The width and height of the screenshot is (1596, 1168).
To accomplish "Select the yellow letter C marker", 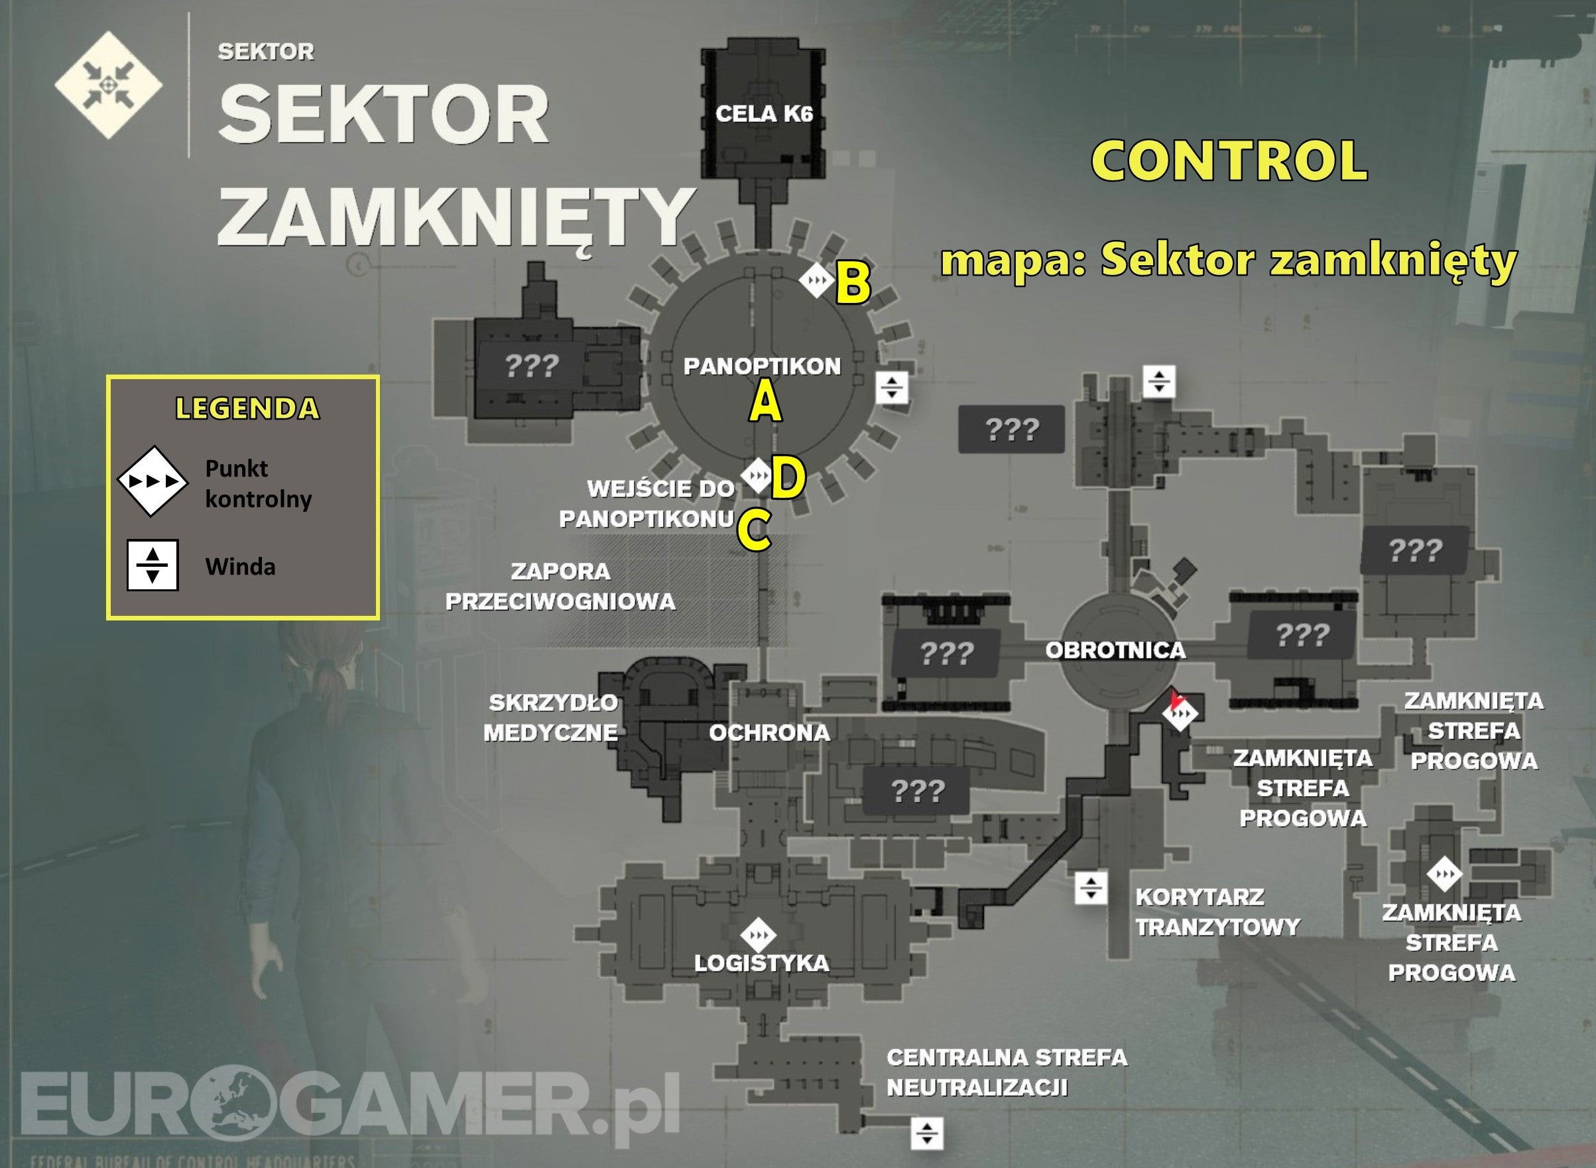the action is (754, 530).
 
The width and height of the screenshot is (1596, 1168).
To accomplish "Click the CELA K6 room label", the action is (764, 114).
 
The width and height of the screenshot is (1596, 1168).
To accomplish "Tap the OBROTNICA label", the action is (1115, 650).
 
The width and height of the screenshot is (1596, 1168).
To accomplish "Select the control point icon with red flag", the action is (1180, 713).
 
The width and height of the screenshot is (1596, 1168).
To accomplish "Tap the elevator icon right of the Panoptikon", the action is (892, 386).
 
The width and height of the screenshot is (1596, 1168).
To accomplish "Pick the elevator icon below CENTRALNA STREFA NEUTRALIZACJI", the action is (926, 1134).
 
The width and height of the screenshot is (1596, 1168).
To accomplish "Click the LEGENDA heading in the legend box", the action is (247, 408).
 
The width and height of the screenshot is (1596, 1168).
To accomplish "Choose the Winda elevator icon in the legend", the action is (152, 565).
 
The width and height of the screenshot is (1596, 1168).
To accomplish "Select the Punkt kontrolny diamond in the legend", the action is (152, 481).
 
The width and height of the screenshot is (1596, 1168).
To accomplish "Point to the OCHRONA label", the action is (769, 732).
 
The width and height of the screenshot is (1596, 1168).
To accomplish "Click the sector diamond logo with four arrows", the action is (108, 85).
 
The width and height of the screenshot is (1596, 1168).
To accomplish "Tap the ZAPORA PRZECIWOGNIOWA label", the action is (560, 586).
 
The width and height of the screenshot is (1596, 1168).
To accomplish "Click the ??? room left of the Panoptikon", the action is (532, 365).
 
